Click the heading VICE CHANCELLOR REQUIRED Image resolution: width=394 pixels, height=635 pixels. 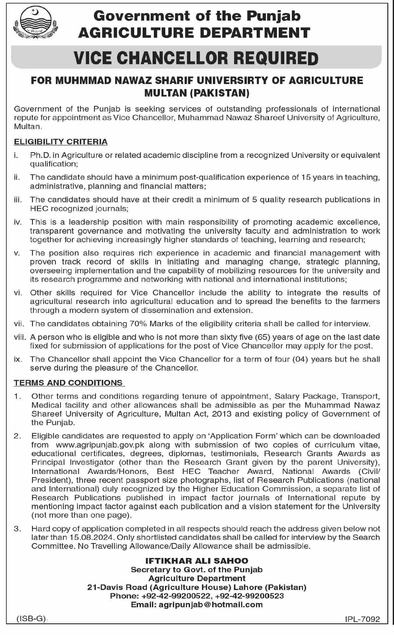(196, 58)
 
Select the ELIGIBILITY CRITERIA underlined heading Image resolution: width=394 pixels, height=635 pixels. (61, 142)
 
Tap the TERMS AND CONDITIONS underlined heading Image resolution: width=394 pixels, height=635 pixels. (68, 383)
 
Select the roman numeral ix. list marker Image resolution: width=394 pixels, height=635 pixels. (18, 359)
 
